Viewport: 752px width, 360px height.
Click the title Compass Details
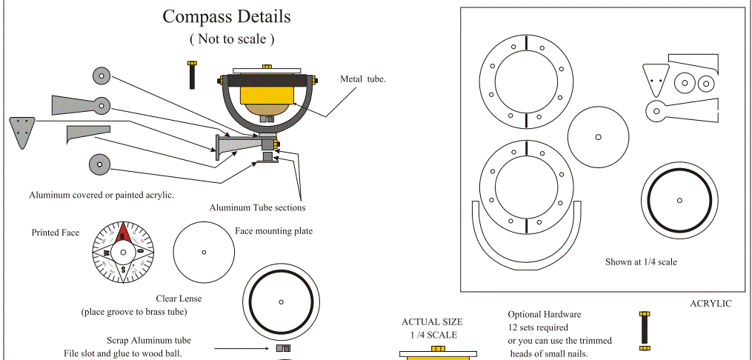tap(227, 16)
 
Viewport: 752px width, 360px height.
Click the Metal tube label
tap(363, 79)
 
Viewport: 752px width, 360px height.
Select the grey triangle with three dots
tap(23, 131)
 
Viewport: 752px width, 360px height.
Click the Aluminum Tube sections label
tap(257, 207)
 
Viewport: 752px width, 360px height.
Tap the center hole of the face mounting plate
tap(204, 252)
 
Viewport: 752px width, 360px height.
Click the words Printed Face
tap(55, 233)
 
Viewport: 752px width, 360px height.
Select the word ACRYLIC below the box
tap(711, 304)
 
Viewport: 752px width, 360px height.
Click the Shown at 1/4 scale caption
tap(641, 261)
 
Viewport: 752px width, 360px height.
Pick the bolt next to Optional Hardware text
tap(644, 330)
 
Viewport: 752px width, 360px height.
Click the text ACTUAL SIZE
tap(432, 322)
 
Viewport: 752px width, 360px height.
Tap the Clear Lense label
tap(179, 299)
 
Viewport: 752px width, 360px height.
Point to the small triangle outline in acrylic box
tap(653, 74)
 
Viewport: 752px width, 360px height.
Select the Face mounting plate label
tap(273, 231)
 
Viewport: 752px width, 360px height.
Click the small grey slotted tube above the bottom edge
tap(282, 347)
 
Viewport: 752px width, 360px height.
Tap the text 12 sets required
tap(538, 327)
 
